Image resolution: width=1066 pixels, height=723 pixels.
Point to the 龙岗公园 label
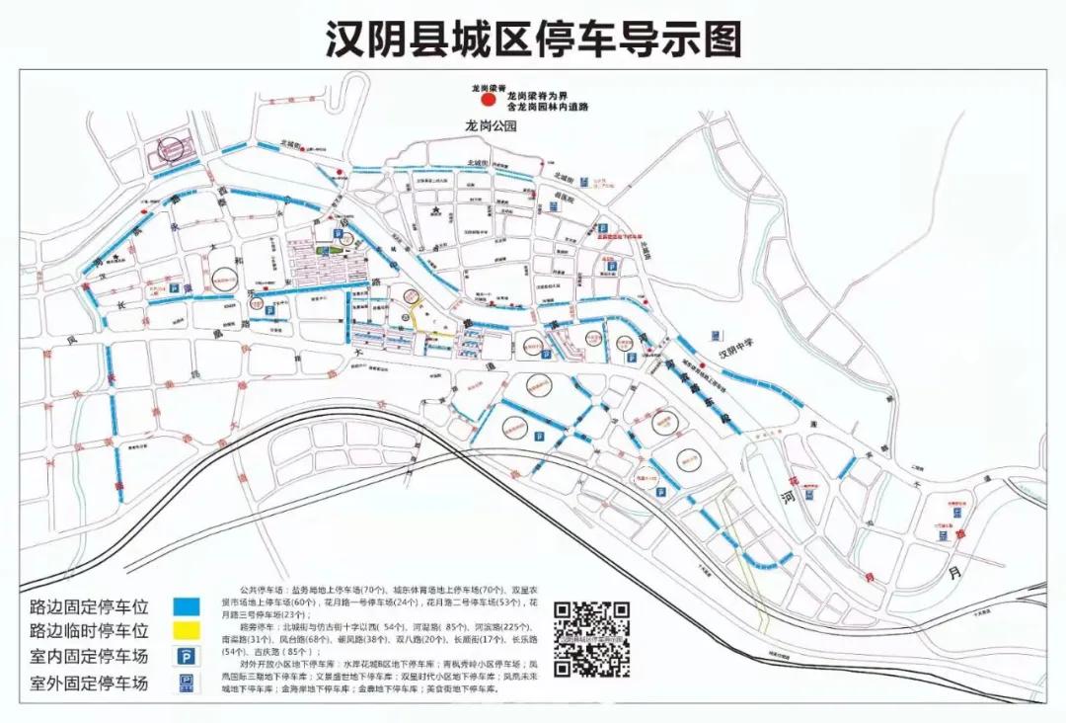(x=493, y=126)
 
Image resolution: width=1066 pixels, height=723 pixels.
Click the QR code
(x=591, y=639)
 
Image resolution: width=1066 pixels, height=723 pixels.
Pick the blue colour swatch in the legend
(x=185, y=605)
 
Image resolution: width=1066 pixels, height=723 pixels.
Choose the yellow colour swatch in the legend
(x=185, y=631)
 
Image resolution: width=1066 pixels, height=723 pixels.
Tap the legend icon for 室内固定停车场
(x=185, y=656)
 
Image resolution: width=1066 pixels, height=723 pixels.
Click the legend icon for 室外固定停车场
(x=185, y=683)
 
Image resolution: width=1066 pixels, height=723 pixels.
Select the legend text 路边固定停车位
(x=89, y=605)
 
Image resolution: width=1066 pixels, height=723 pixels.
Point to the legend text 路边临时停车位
(x=89, y=631)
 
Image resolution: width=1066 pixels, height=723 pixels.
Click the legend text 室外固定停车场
(x=89, y=683)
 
